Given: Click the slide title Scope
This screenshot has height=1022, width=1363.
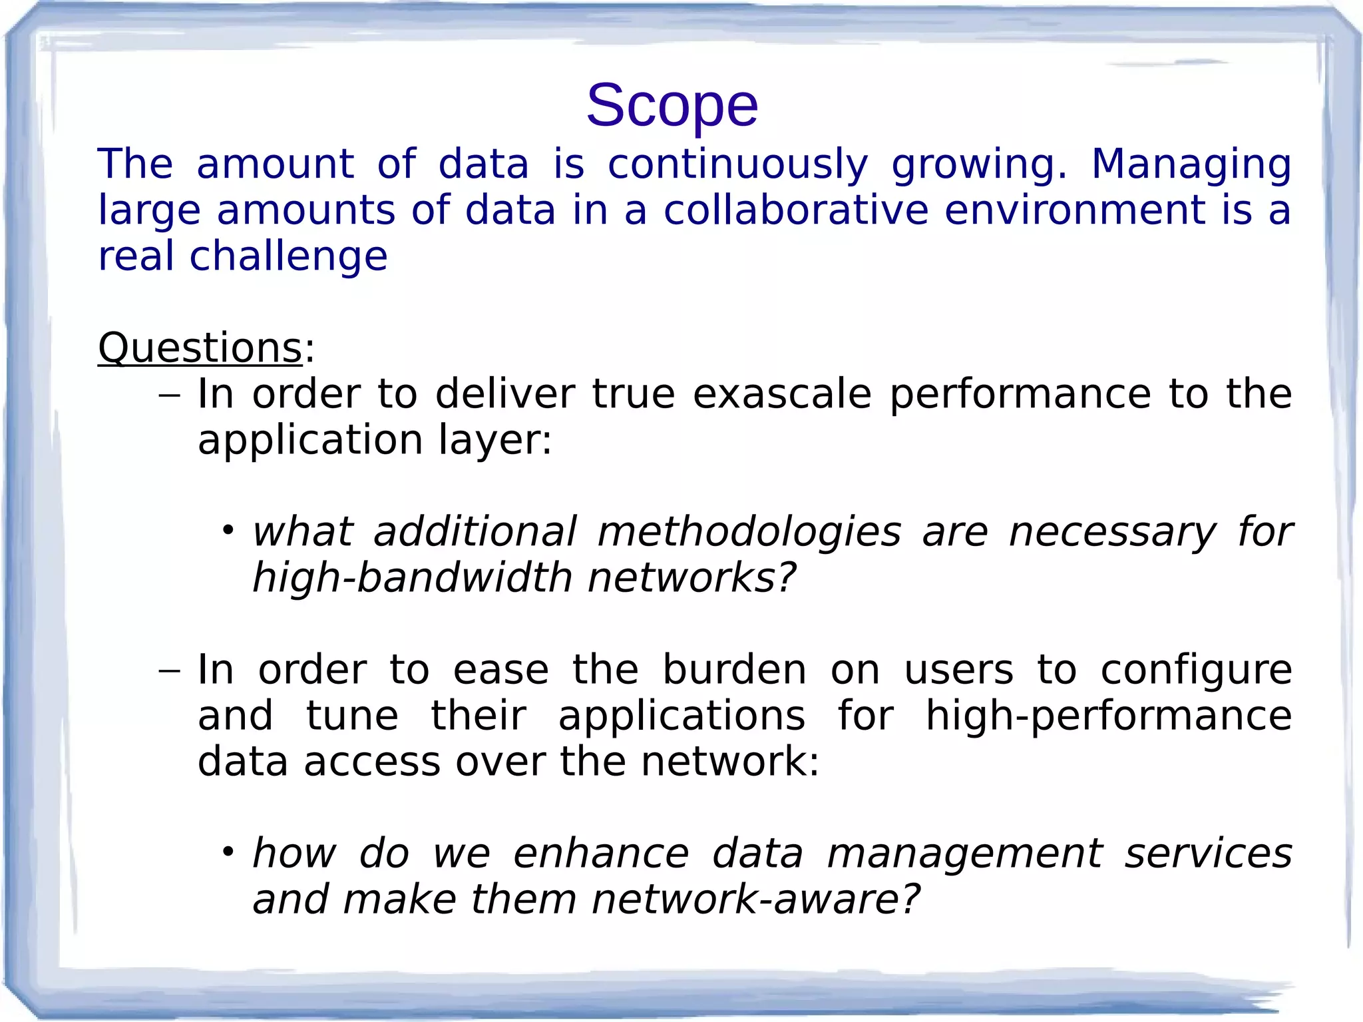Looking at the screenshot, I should [x=672, y=106].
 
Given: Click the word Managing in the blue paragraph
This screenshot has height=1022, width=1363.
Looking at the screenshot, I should [x=1191, y=165].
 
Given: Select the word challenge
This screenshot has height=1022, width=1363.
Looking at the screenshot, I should [x=288, y=257].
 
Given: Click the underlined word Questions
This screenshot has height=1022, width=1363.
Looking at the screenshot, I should [x=200, y=348].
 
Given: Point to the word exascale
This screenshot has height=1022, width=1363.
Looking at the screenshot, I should [x=781, y=393].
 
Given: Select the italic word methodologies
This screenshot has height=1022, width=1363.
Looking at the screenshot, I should [x=749, y=532].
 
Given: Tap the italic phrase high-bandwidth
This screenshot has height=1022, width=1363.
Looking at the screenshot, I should [x=412, y=577].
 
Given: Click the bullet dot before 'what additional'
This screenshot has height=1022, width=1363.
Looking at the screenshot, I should [x=228, y=531].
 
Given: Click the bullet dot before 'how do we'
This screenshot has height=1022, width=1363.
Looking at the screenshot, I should [x=228, y=852].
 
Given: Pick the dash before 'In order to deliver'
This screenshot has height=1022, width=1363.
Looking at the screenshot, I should [x=170, y=395].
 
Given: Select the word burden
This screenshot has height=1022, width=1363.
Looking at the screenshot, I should [x=733, y=670].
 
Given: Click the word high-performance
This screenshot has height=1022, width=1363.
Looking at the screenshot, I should [x=1108, y=716].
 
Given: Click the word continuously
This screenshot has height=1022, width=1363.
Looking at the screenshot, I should [x=737, y=165].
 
